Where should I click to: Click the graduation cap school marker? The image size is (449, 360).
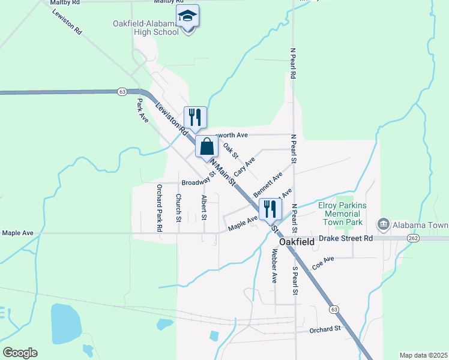click(x=188, y=17)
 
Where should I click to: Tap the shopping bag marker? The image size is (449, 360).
click(x=206, y=147)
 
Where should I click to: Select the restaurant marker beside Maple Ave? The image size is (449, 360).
click(x=270, y=209)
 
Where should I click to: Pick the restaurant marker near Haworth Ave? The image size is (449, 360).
click(x=195, y=116)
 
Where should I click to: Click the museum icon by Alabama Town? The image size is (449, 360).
click(x=383, y=224)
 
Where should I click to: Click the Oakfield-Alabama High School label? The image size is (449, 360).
click(x=146, y=28)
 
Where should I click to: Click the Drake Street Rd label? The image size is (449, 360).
click(x=346, y=238)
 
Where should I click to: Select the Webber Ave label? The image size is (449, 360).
click(x=274, y=265)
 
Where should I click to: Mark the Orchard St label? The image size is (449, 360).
click(x=325, y=329)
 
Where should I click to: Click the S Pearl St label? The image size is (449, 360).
click(x=295, y=280)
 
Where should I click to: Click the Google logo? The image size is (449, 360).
click(x=20, y=352)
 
